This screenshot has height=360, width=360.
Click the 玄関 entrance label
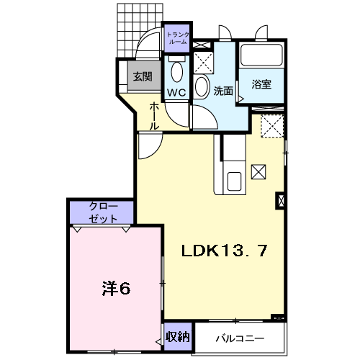click(143, 76)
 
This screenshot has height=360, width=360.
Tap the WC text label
click(176, 92)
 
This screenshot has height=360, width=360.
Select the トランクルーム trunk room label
click(178, 38)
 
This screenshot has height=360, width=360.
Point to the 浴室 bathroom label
click(261, 84)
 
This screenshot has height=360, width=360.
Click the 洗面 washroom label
click(223, 91)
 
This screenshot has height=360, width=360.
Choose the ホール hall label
click(154, 116)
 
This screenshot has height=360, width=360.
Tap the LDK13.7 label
click(224, 251)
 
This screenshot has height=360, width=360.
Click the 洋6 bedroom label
click(117, 289)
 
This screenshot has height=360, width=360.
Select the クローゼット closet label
click(103, 212)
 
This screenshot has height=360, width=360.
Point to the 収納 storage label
click(178, 337)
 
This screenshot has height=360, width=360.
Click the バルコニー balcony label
click(240, 338)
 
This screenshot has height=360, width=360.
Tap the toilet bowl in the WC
click(177, 71)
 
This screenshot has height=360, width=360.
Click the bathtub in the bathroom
click(261, 55)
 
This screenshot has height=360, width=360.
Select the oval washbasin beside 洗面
click(201, 86)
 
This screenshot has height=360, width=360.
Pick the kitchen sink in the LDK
click(235, 181)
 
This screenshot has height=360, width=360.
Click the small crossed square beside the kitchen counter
click(258, 171)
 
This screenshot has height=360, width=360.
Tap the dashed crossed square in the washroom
click(203, 63)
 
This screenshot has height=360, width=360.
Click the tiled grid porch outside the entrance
click(140, 30)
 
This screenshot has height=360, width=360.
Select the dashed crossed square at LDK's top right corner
click(272, 126)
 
